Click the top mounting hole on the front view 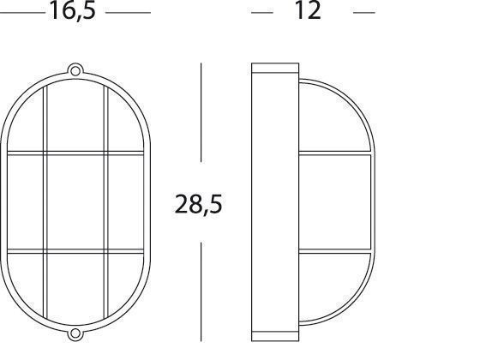click(75, 70)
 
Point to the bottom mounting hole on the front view click(75, 333)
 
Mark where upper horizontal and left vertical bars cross click(45, 153)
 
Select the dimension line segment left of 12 click(262, 13)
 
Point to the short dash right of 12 click(364, 13)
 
